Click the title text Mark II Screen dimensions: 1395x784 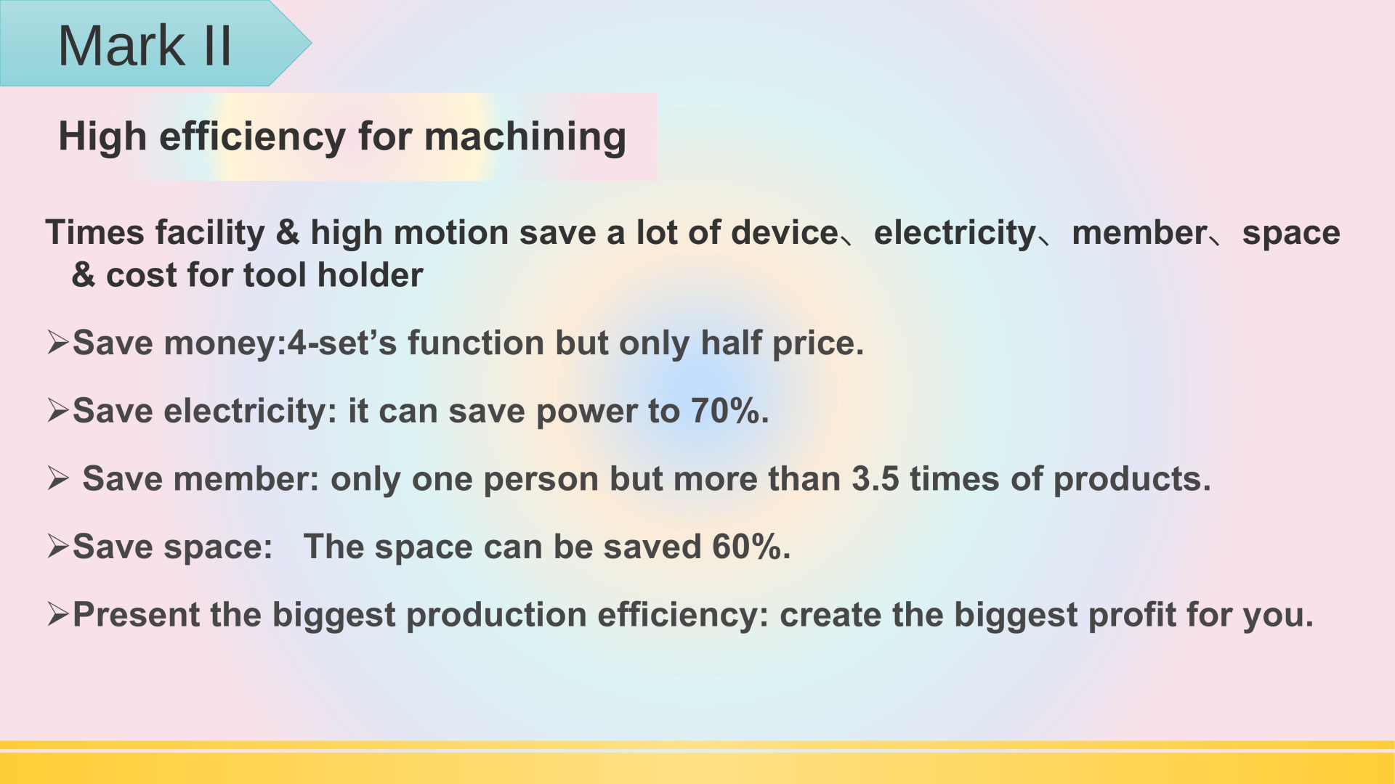point(145,46)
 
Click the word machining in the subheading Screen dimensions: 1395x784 point(525,138)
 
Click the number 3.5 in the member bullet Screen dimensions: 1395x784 point(875,479)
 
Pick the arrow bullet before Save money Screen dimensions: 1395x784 point(58,343)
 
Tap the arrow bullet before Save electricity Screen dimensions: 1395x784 point(58,411)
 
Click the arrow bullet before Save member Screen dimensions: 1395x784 point(58,479)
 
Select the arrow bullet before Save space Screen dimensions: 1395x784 point(58,547)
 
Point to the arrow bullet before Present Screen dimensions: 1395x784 point(58,615)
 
